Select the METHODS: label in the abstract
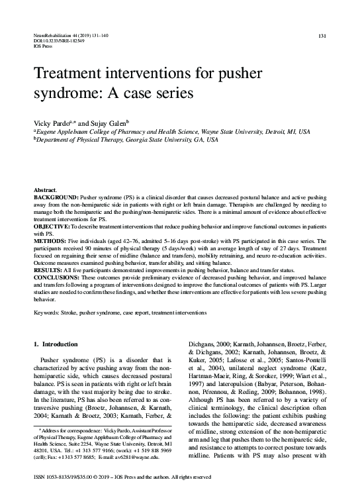tap(50, 242)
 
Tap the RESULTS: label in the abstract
tap(48, 271)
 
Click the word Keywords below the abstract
tap(48, 312)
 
